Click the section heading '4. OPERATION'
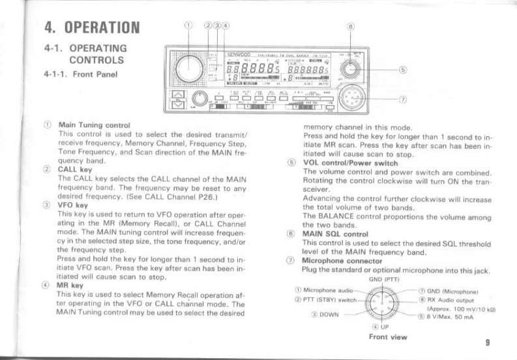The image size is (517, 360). [x=92, y=27]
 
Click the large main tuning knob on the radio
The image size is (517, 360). [x=190, y=68]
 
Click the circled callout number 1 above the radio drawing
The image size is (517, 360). [x=188, y=25]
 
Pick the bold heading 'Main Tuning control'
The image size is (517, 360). [x=94, y=125]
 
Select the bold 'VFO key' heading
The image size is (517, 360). [x=72, y=204]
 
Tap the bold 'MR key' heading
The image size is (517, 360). [x=71, y=284]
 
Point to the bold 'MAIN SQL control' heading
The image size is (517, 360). [x=332, y=233]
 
